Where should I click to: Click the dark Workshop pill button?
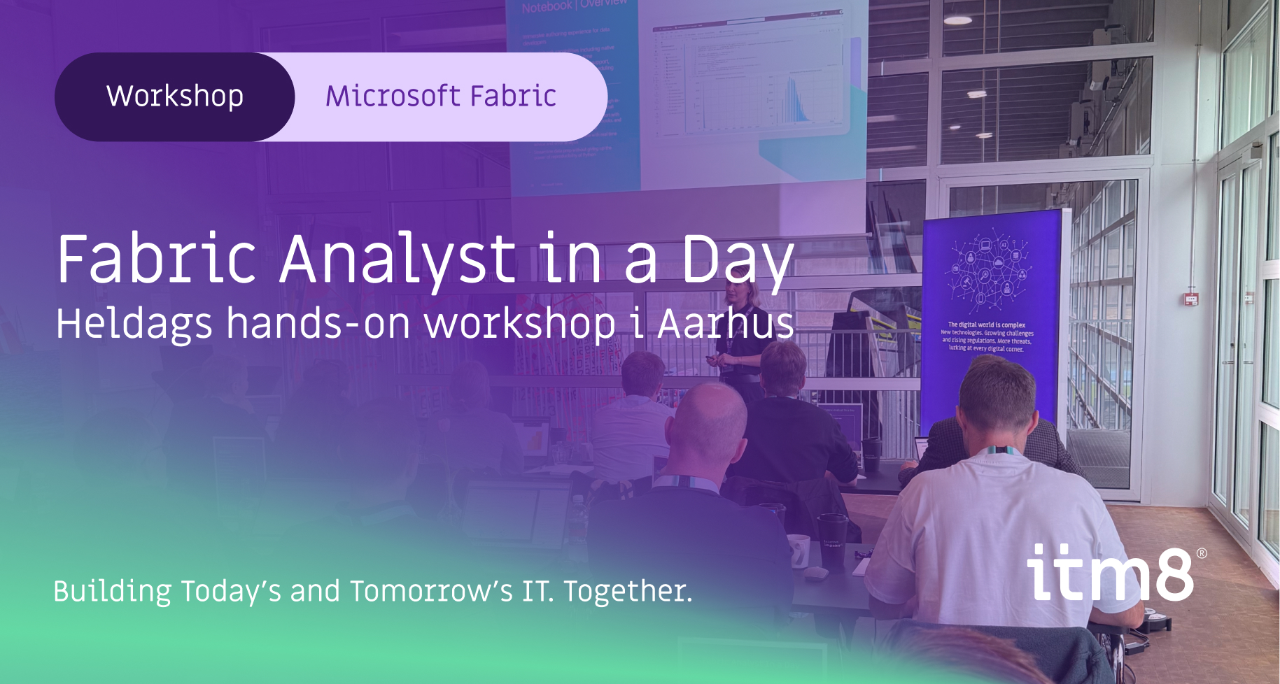[x=174, y=97]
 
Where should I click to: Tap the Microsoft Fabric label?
[x=441, y=97]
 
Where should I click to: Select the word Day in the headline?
[x=738, y=260]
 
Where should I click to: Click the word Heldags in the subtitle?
[x=134, y=324]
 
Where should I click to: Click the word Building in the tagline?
[x=112, y=591]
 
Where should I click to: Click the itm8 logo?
[x=1109, y=573]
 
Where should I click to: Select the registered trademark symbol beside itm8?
[x=1202, y=553]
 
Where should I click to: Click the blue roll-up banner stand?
[x=991, y=315]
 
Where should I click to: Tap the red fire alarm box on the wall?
[x=1191, y=299]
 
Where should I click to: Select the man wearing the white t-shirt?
[x=994, y=518]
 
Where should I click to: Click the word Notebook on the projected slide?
[x=546, y=7]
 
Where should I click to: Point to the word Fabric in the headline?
[x=157, y=260]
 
